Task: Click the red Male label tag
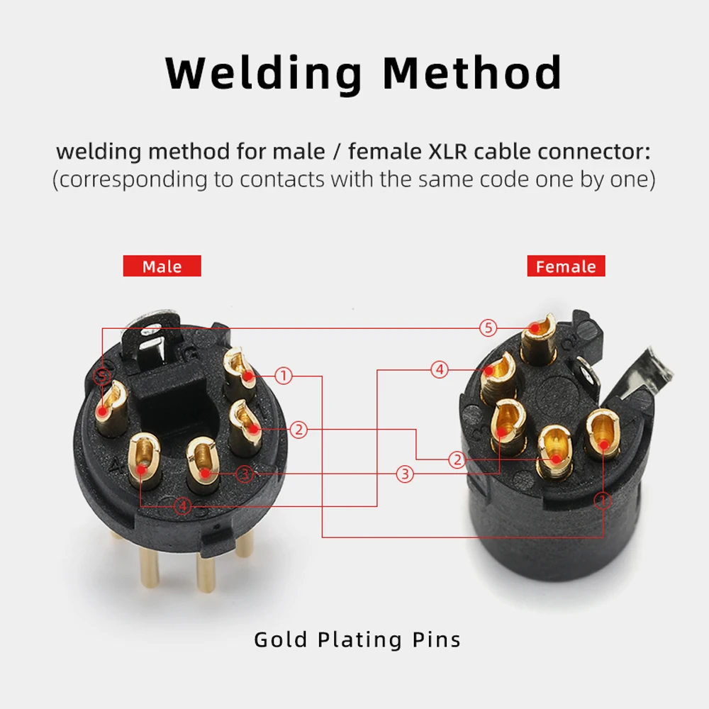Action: (162, 267)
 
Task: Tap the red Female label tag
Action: (566, 267)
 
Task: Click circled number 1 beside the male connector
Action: (284, 376)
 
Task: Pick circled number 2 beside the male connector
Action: (299, 429)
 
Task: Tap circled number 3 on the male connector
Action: (244, 473)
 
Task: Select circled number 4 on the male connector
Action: (183, 506)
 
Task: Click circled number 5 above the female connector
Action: (488, 328)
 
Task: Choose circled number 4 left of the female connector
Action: (440, 369)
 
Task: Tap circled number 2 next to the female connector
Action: (457, 460)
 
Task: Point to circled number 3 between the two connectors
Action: (404, 474)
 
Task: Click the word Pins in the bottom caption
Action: (435, 640)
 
